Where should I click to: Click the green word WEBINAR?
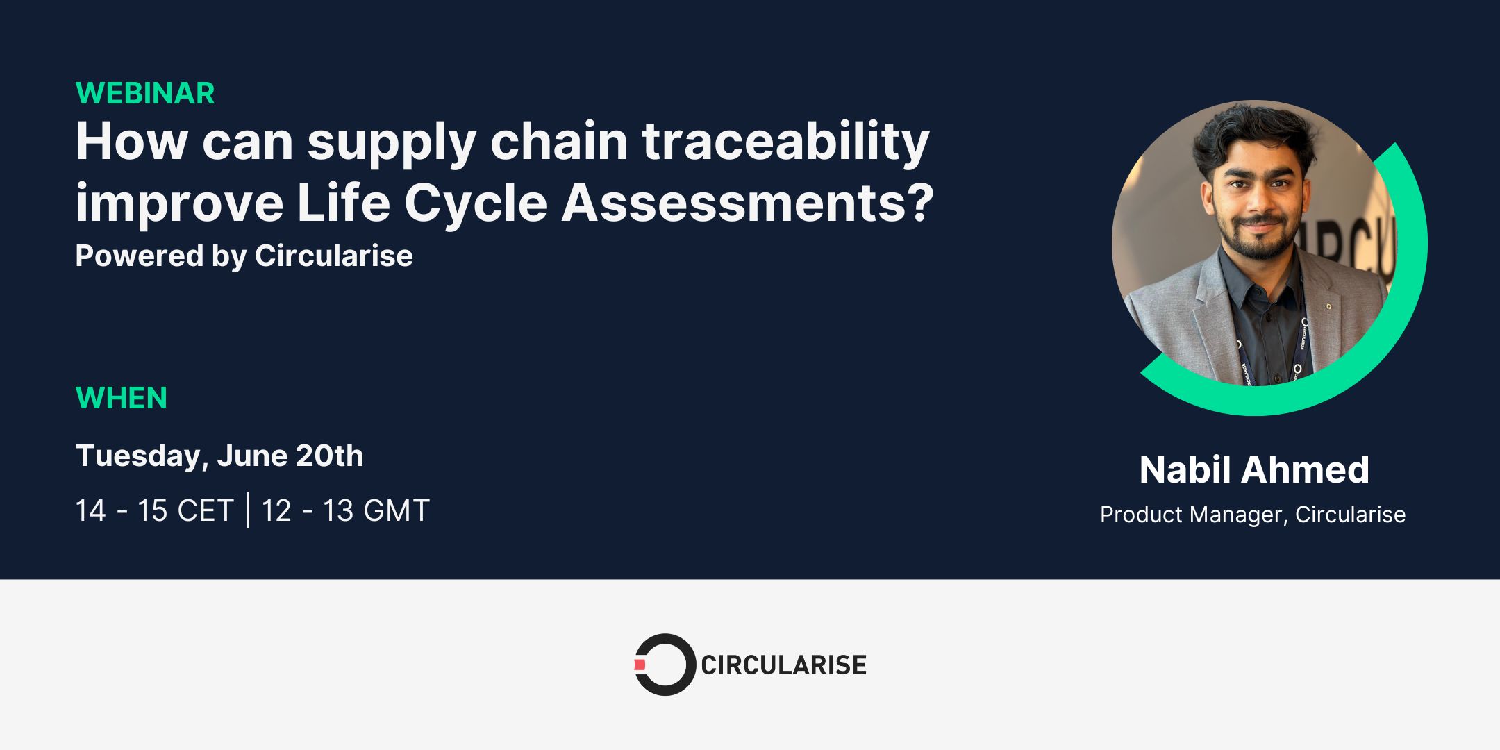coord(145,94)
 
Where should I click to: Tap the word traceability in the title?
coord(785,142)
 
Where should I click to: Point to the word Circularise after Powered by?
coord(333,256)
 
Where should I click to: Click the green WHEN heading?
coord(122,399)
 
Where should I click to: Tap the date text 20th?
coord(329,456)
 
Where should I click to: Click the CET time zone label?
coord(205,511)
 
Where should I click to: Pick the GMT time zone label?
coord(397,511)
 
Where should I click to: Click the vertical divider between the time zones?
coord(248,510)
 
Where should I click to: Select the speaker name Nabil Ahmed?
coord(1254,470)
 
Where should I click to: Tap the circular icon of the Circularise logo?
coord(665,665)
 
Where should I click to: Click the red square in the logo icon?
coord(640,665)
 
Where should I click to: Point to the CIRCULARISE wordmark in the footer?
coord(783,665)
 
